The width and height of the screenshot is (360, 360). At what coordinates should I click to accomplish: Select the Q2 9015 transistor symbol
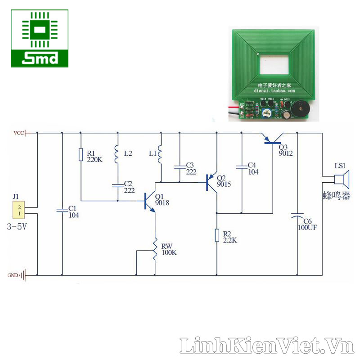click(x=211, y=182)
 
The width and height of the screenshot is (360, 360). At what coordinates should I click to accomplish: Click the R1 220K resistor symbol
click(x=81, y=154)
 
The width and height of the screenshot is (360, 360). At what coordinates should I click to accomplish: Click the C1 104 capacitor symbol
click(x=62, y=210)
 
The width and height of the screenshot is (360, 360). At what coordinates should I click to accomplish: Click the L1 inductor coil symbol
click(x=160, y=154)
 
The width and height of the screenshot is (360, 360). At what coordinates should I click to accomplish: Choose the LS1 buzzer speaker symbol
click(x=340, y=181)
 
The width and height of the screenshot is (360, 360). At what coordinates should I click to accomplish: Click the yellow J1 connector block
click(x=19, y=210)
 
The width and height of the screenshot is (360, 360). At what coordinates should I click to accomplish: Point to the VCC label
click(x=19, y=133)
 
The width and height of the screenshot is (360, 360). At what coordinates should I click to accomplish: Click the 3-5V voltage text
click(x=18, y=227)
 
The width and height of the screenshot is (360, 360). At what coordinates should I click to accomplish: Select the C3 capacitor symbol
click(x=180, y=166)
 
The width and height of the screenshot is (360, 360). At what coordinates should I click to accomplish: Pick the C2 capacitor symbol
click(x=117, y=184)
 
